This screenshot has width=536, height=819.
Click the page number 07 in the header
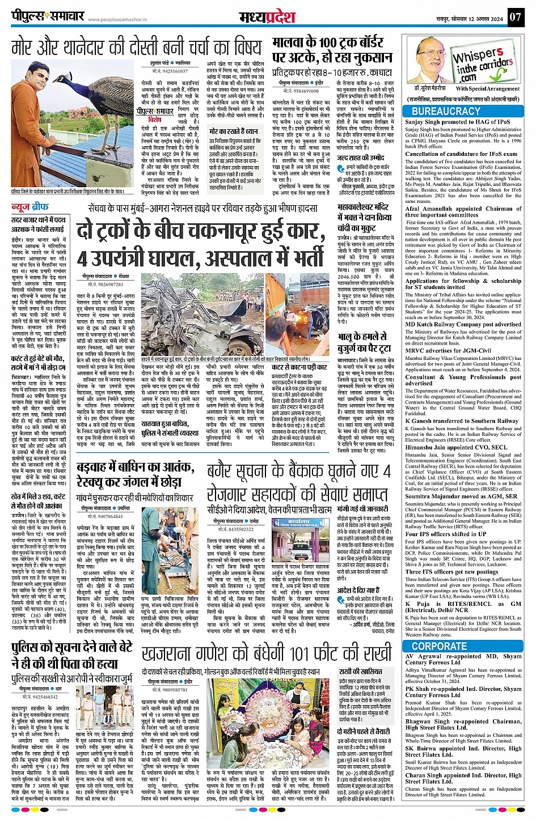point(514,17)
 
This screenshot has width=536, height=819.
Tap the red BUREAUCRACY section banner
point(446,111)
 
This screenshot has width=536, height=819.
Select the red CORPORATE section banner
point(440,646)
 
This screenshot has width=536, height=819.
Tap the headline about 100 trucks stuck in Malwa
point(332,50)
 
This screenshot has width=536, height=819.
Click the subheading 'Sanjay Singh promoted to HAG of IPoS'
point(458,121)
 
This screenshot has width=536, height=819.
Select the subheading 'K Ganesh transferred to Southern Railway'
point(462,421)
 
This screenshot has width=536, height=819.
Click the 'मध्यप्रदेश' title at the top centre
point(267,16)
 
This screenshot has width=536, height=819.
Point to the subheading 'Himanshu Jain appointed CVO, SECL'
point(455,447)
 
